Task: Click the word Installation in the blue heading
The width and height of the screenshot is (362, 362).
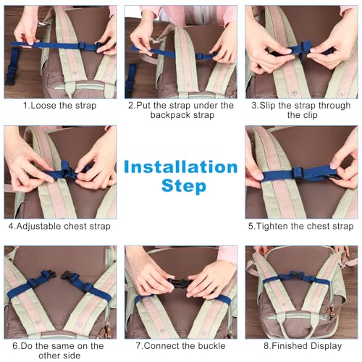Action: [x=180, y=167]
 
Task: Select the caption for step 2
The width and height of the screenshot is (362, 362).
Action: [x=180, y=110]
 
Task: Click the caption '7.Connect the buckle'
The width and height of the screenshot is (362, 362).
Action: [x=180, y=345]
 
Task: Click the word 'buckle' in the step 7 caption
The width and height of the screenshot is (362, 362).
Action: [x=208, y=345]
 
